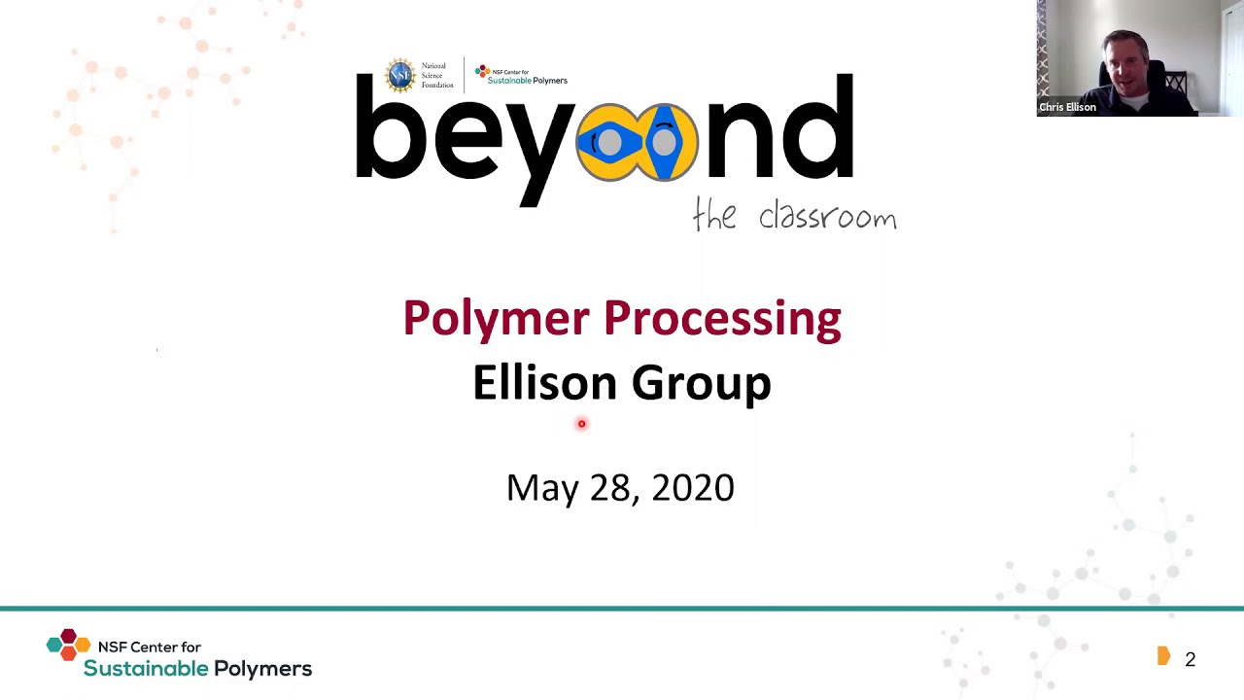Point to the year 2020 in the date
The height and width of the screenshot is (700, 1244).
693,487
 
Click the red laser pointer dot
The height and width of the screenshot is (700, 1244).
581,424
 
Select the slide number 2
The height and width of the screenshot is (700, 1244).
1190,660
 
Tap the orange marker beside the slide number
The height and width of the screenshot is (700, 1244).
1163,657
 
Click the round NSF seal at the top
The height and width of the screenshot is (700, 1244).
400,75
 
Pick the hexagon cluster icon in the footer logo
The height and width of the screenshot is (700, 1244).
68,645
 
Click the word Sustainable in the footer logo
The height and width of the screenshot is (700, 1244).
146,669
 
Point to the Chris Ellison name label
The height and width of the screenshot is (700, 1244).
1067,107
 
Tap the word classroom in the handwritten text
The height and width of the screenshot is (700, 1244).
827,216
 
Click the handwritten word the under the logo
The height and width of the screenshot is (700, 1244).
714,215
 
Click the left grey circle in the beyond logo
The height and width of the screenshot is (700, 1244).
609,143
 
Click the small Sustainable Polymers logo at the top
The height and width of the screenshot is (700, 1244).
521,75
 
